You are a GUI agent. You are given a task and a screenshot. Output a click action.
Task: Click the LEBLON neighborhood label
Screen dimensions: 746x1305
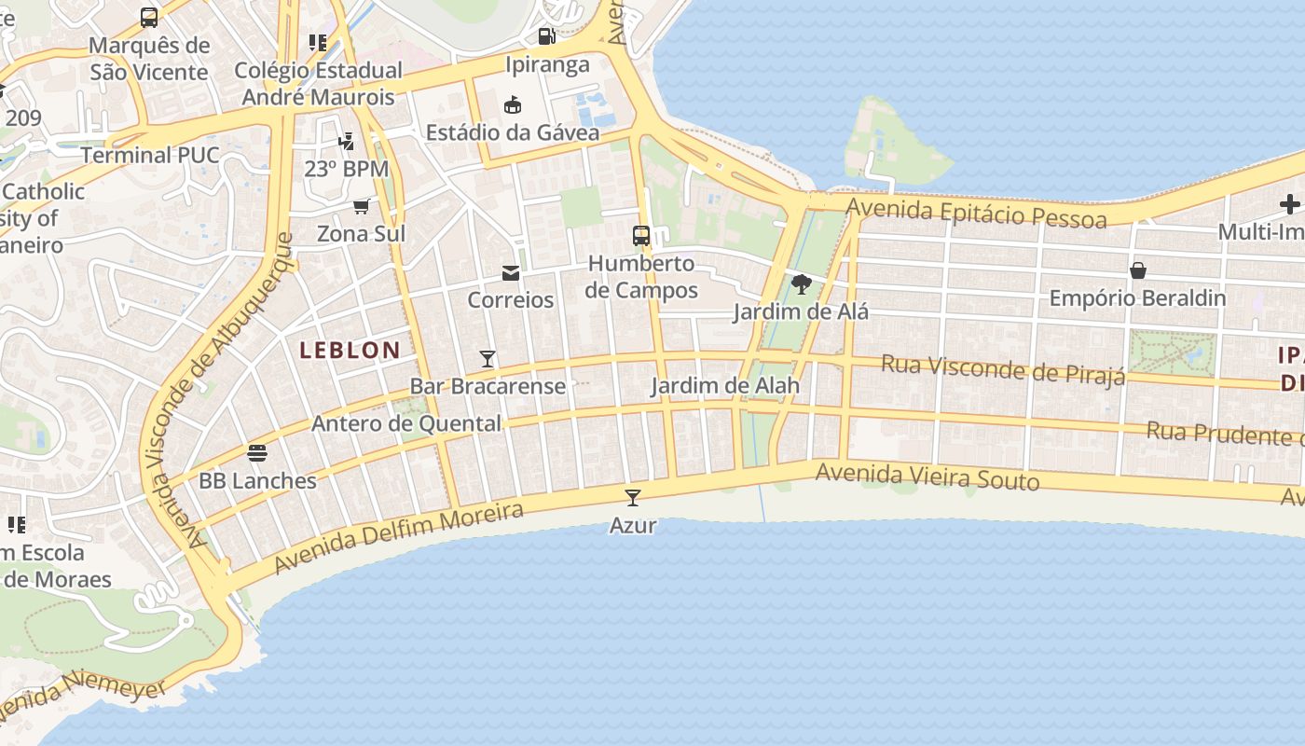pos(350,351)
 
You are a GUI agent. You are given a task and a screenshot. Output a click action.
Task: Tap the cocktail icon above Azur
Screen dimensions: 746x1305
pos(633,498)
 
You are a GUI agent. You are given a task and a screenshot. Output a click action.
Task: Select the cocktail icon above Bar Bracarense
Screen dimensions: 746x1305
pos(487,358)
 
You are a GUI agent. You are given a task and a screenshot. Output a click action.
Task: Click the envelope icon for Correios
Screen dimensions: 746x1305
pos(511,272)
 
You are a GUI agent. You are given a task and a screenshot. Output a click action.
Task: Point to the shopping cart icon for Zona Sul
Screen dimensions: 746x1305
pos(361,206)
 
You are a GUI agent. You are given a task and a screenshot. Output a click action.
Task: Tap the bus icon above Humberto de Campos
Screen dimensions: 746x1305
pos(641,235)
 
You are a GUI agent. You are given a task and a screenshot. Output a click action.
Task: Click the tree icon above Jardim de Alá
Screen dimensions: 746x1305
pos(801,284)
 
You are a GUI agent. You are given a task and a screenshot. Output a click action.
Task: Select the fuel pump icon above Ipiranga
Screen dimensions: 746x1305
pos(547,36)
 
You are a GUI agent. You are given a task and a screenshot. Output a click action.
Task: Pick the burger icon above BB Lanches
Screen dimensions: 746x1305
pos(258,453)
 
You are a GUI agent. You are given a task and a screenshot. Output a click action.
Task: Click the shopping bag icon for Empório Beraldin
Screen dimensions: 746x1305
pos(1137,270)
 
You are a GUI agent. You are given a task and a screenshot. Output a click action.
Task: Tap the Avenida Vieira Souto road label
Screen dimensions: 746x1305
pos(927,477)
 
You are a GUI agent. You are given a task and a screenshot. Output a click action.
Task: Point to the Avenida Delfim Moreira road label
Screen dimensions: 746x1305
pos(399,538)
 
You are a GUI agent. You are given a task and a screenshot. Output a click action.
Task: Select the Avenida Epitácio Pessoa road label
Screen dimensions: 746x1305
pos(977,212)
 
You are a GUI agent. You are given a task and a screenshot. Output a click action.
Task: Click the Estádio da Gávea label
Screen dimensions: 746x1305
pos(513,132)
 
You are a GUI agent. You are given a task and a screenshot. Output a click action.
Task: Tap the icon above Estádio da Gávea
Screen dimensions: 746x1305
pos(512,104)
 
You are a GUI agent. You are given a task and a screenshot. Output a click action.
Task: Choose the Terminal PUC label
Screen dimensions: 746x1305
pos(150,155)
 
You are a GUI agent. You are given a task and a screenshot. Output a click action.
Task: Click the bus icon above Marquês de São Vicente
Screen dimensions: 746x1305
pos(149,17)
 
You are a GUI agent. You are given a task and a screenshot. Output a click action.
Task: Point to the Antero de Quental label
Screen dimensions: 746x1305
pos(406,423)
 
